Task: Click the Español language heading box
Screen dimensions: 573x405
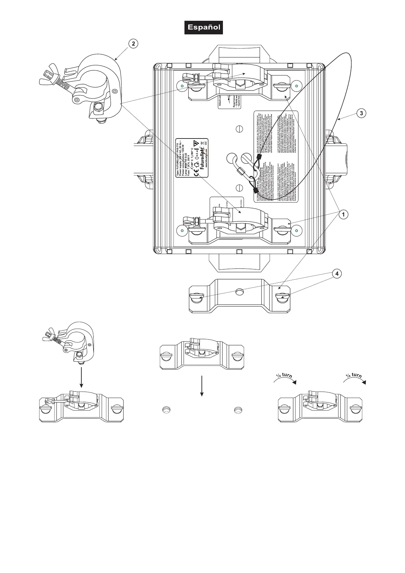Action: [204, 27]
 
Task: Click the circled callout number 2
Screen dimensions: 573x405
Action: [133, 44]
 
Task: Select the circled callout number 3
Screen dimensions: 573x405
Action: [361, 113]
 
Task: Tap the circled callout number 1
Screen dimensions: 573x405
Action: [344, 214]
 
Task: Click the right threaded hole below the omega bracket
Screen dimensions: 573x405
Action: [237, 410]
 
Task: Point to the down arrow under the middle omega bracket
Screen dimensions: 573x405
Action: [202, 386]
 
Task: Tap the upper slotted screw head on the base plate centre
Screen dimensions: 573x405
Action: [240, 129]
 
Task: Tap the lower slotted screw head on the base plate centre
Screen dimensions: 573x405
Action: [240, 187]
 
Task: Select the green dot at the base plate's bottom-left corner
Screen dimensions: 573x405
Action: [182, 231]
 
